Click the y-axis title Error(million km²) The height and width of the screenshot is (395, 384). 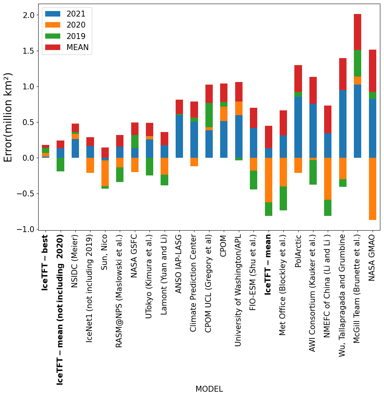pos(9,117)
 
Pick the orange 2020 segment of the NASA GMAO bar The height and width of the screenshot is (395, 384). pos(372,189)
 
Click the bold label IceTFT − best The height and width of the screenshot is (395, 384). pos(45,263)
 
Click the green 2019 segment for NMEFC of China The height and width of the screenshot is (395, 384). pos(328,208)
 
